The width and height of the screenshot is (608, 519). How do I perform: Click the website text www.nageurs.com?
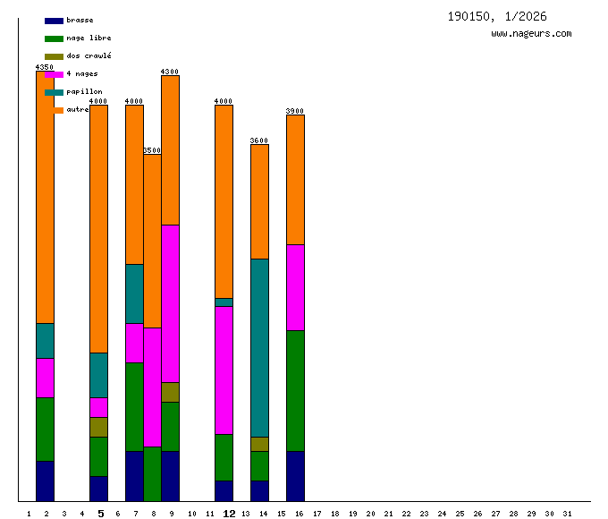531,34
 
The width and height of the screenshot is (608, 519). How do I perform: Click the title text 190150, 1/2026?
497,16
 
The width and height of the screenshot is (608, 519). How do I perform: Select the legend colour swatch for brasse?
54,21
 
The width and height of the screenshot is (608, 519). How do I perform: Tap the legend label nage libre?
89,38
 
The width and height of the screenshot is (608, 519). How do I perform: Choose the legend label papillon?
84,91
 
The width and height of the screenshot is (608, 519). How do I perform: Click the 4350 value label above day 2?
45,67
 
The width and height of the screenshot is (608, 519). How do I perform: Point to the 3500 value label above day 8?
152,150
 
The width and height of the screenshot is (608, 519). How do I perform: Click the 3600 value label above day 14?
259,140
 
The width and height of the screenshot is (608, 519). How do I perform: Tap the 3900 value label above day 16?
295,111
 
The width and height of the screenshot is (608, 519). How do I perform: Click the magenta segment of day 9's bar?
170,303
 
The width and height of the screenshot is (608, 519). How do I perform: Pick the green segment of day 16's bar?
295,390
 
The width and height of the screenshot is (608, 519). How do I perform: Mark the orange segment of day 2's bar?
45,197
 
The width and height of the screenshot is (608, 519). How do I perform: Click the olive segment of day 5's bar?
98,427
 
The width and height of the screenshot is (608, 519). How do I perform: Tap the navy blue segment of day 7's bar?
134,476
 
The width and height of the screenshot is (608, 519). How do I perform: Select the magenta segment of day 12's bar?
224,370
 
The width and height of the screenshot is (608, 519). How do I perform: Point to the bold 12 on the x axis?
229,514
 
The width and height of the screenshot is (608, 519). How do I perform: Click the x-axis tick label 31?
567,514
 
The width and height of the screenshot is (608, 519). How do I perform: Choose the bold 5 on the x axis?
100,514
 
